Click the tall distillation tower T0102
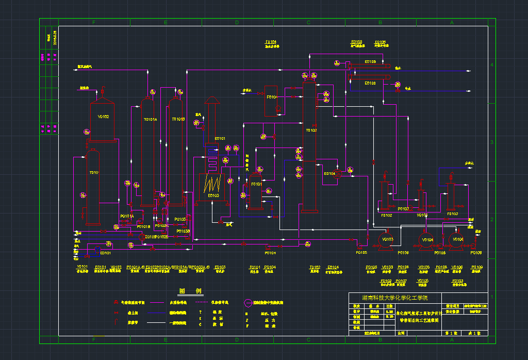pyautogui.click(x=310, y=144)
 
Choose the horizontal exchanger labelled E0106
pyautogui.click(x=370, y=83)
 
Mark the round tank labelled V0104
pyautogui.click(x=427, y=239)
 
